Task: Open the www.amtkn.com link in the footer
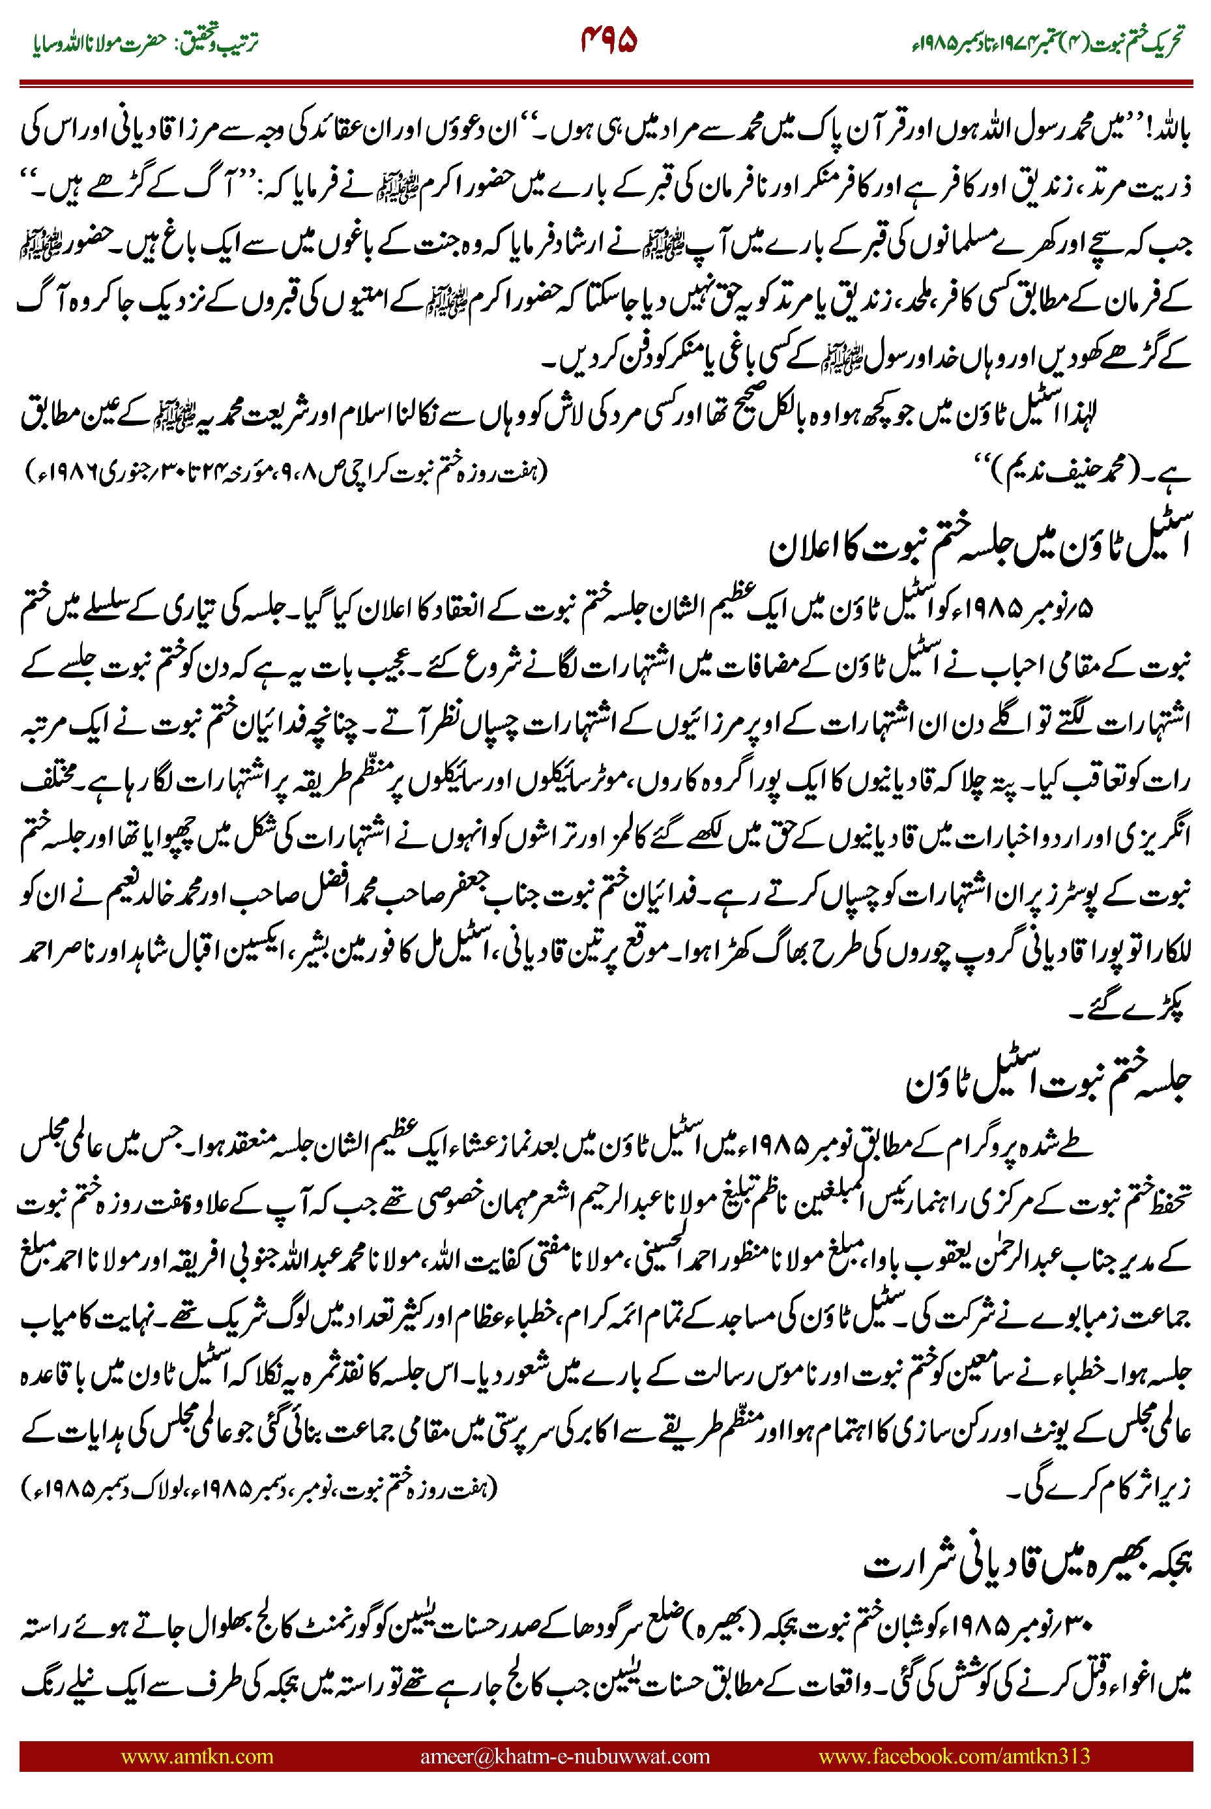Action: [x=197, y=1756]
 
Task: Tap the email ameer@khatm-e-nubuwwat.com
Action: [x=564, y=1756]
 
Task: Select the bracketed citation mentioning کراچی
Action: [x=285, y=471]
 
